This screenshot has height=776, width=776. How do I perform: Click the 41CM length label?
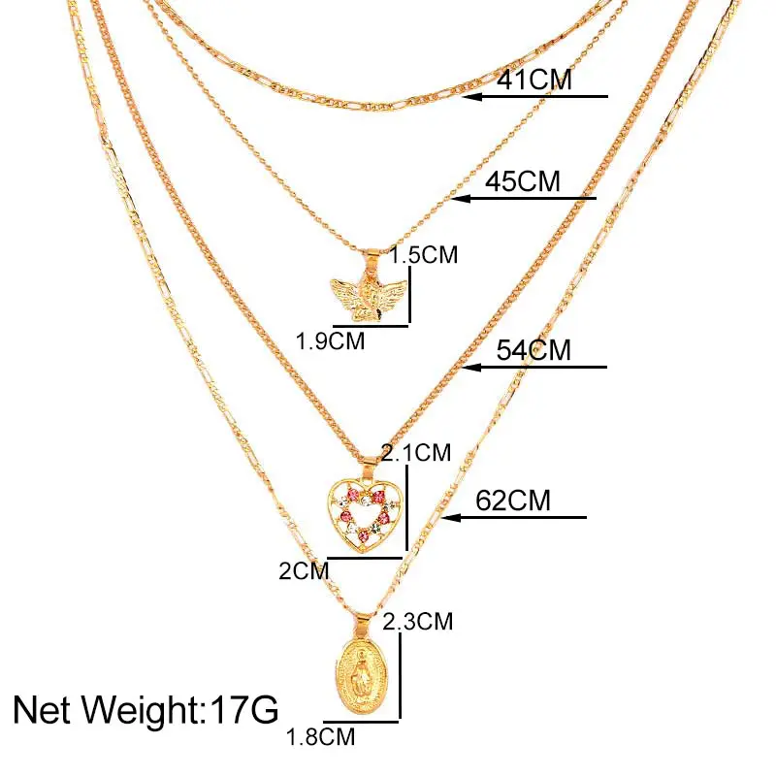coord(533,80)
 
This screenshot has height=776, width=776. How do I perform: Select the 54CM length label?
coord(533,349)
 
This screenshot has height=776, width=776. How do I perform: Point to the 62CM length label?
coord(513,501)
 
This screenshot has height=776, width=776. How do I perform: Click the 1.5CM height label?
coord(423,256)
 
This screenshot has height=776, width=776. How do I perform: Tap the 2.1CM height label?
coord(417,452)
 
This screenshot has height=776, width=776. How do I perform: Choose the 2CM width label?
coord(305,570)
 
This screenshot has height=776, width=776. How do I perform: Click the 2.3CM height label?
coord(417,621)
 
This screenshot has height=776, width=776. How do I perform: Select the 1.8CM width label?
coord(320,738)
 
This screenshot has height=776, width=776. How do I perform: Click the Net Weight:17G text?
coord(145,709)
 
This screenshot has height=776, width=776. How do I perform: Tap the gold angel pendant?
coord(366,291)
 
